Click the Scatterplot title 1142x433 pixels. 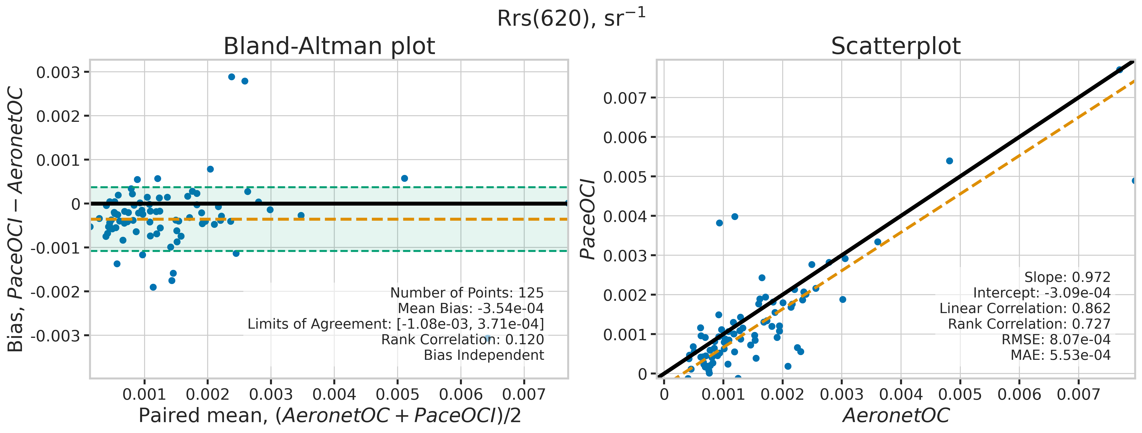click(896, 46)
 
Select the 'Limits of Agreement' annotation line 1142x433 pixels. click(395, 324)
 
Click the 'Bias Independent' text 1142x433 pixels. click(484, 355)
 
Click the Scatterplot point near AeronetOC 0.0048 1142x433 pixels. click(949, 161)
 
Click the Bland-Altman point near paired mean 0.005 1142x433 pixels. click(404, 178)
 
